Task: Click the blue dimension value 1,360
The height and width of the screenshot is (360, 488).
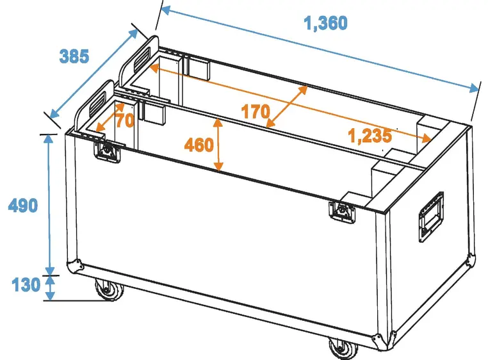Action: (325, 24)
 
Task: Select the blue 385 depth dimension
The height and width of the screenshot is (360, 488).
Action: (74, 56)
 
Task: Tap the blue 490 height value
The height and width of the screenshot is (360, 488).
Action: (22, 206)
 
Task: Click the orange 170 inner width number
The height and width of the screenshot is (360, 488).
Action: (255, 111)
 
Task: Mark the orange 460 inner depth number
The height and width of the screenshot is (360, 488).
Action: (199, 145)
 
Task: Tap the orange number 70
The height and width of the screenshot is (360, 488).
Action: (124, 120)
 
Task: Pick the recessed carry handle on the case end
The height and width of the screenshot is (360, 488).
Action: (430, 217)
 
